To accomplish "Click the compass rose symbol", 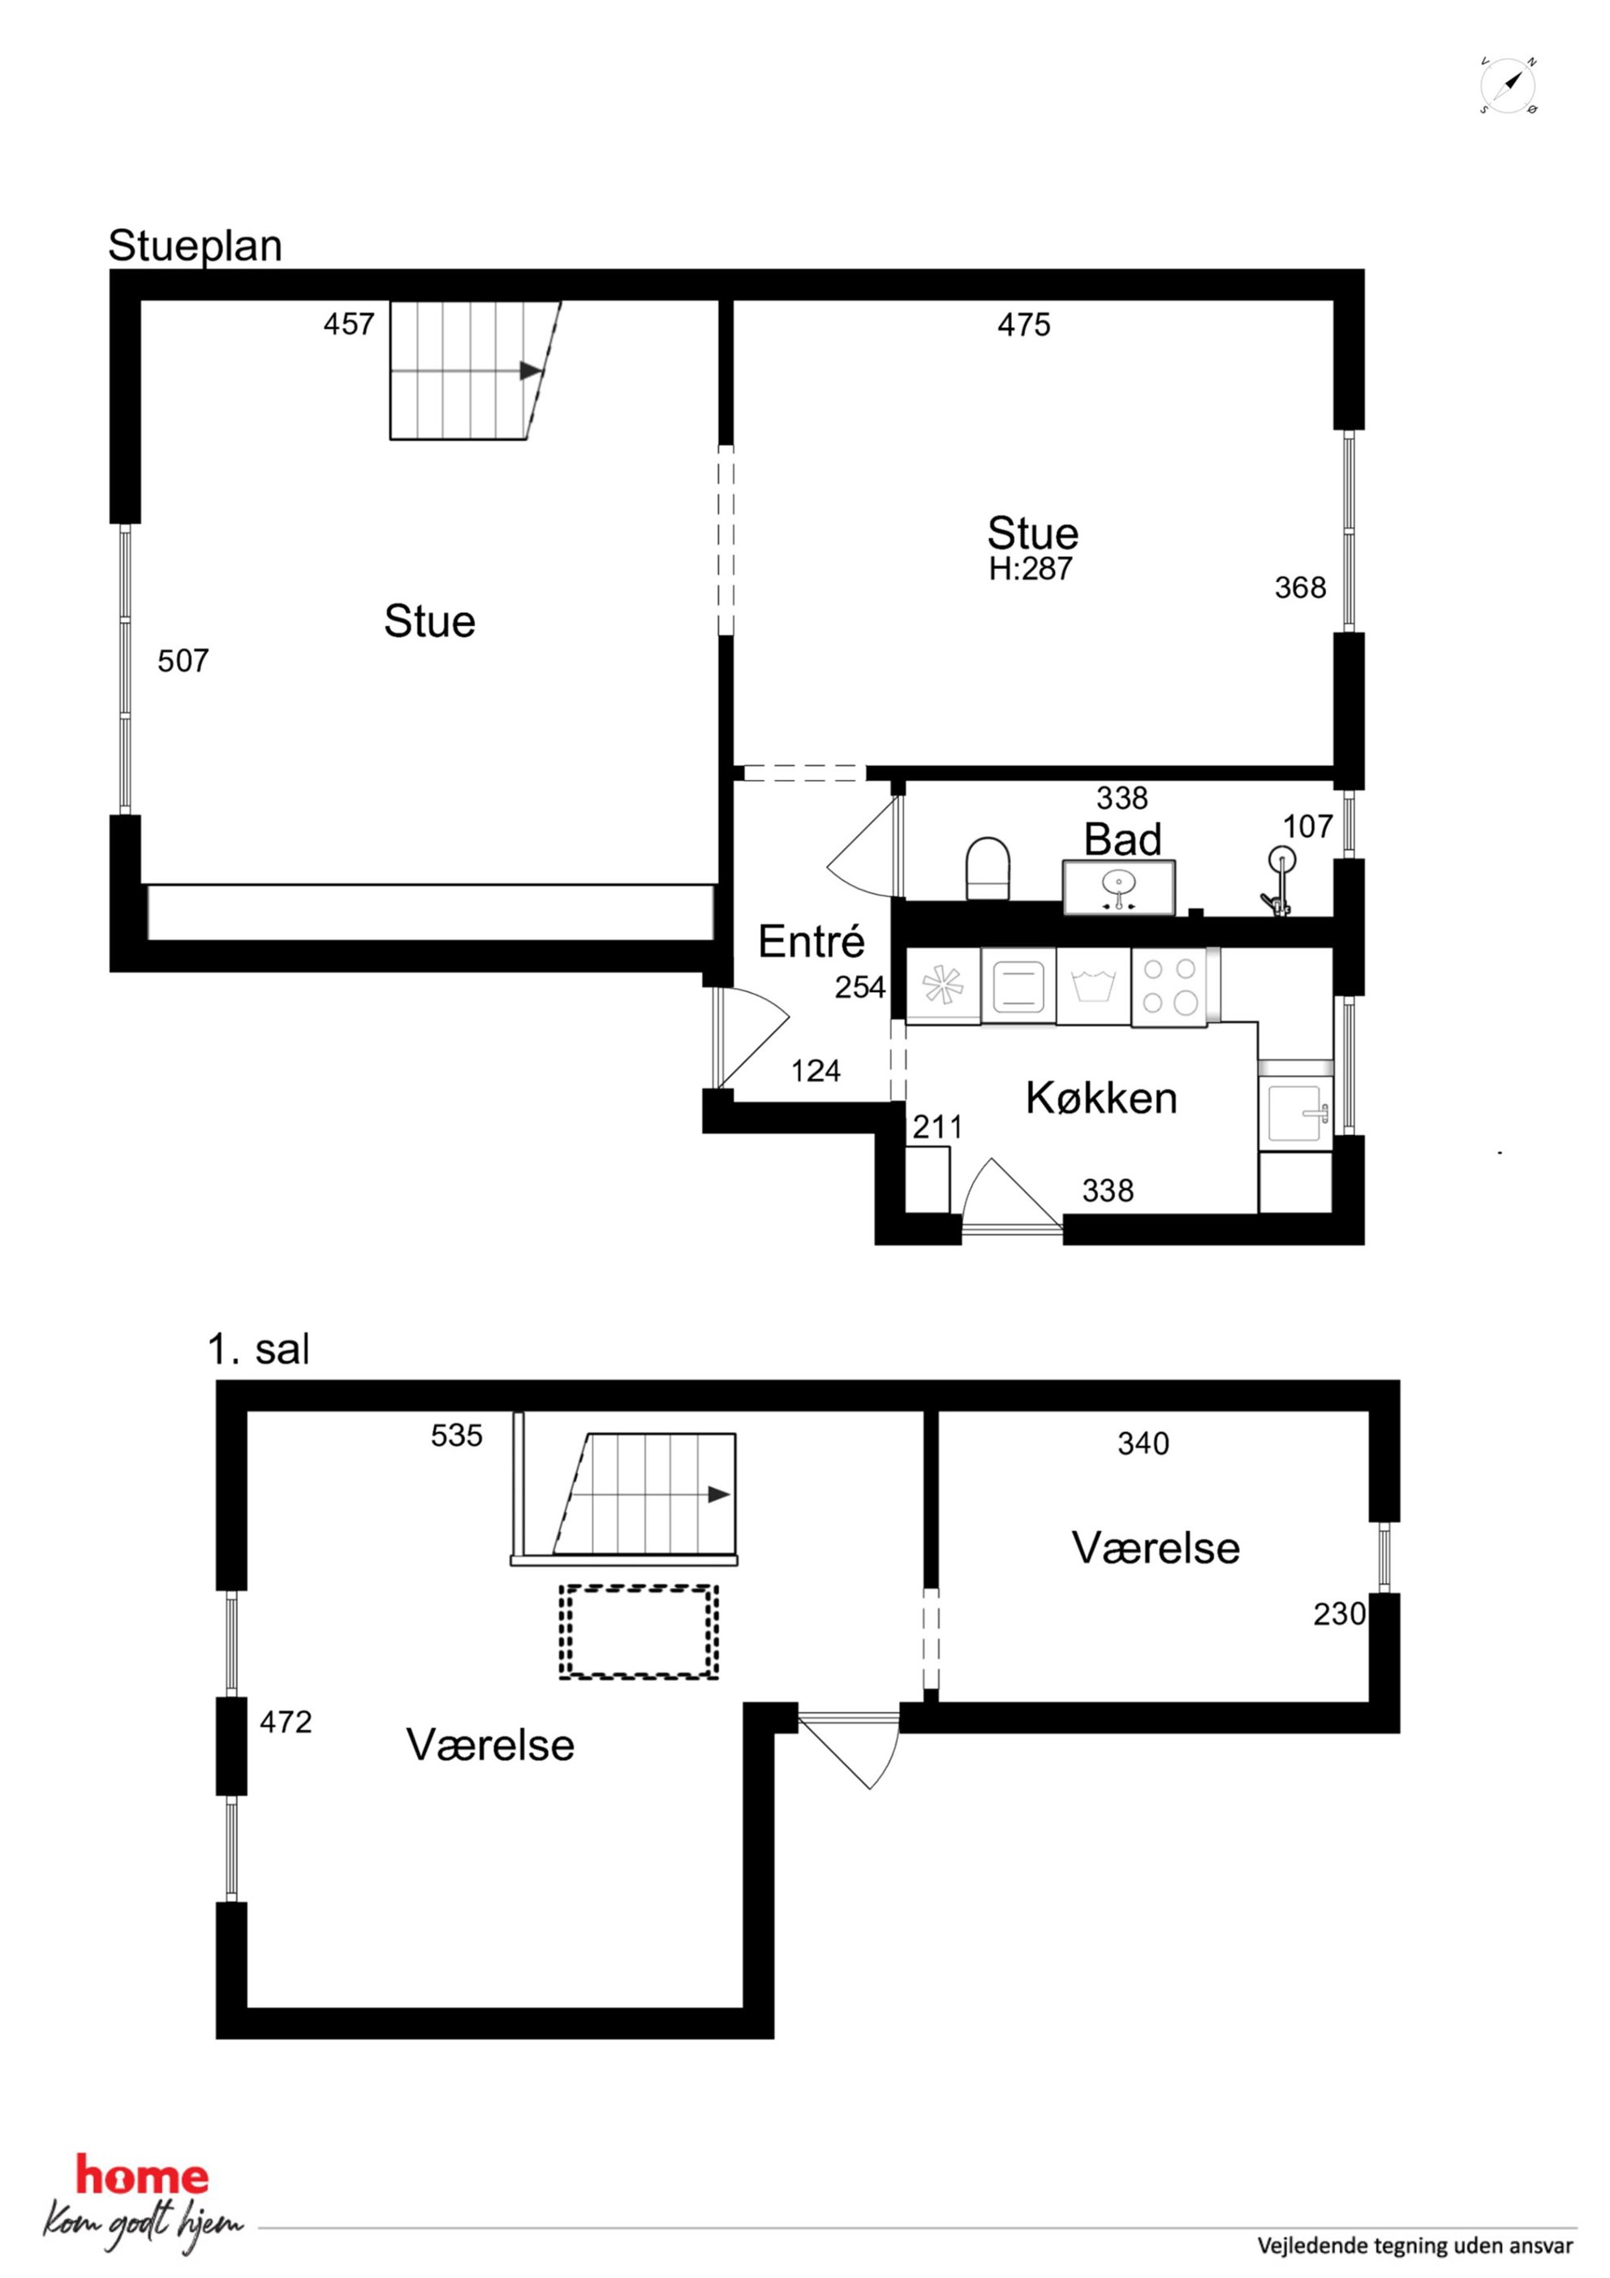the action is click(x=1509, y=85).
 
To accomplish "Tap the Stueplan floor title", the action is click(x=196, y=246).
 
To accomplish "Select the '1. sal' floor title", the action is click(x=259, y=1350).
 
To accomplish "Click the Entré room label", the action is click(x=811, y=941).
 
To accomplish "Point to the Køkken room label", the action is click(x=1101, y=1098).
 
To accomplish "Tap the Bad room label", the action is click(x=1123, y=839).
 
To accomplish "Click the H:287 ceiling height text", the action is click(x=1031, y=570).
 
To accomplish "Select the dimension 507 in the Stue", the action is click(x=183, y=661).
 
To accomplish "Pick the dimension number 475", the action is click(x=1024, y=325).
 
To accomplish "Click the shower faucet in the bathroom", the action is click(x=1279, y=880).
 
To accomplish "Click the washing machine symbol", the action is click(x=1093, y=986).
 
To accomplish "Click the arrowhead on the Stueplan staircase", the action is click(x=531, y=370).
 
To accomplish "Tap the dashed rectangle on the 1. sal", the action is click(x=638, y=1632).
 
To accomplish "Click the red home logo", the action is click(x=143, y=2177).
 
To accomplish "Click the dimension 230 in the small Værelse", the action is click(x=1339, y=1614).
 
